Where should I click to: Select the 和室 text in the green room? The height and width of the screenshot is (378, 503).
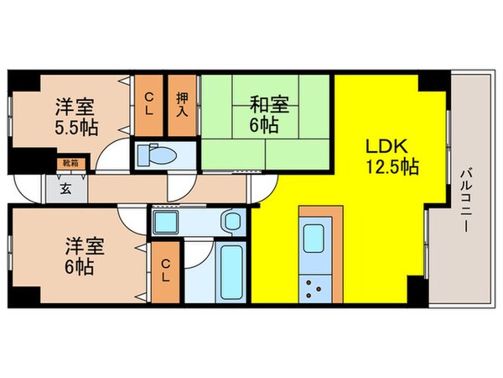[267, 105]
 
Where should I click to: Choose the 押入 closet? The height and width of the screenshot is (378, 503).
[181, 104]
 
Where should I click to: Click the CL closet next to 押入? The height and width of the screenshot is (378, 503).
[148, 104]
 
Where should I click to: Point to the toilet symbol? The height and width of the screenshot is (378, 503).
[157, 155]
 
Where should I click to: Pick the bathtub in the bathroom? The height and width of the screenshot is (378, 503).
[229, 273]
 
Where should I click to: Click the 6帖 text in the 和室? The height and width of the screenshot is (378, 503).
[267, 125]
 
